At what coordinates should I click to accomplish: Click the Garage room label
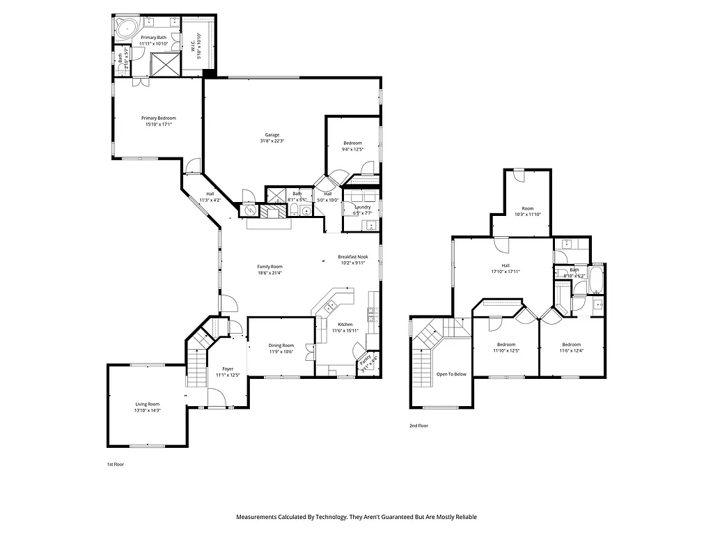[x=272, y=134]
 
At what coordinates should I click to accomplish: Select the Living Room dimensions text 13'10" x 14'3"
[x=148, y=410]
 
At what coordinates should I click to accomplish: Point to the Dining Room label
[x=281, y=346]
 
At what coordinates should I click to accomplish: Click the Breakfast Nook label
[x=352, y=256]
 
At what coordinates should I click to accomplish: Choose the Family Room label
[x=269, y=267]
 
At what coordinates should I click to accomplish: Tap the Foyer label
[x=228, y=369]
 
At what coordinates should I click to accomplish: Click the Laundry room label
[x=362, y=207]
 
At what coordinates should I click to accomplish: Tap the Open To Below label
[x=451, y=374]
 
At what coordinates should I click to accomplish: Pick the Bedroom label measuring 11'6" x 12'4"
[x=571, y=345]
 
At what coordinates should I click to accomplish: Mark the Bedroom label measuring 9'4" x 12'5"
[x=352, y=143]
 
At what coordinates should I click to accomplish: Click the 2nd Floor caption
[x=418, y=425]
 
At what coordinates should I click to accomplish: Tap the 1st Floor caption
[x=115, y=464]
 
